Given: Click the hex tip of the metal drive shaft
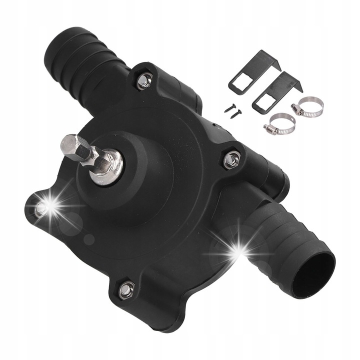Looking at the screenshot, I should click(x=70, y=146).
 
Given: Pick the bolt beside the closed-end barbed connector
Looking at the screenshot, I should click(x=144, y=80).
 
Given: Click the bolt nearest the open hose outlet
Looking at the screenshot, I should click(x=231, y=159).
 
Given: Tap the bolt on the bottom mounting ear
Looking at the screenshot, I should click(x=126, y=289).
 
